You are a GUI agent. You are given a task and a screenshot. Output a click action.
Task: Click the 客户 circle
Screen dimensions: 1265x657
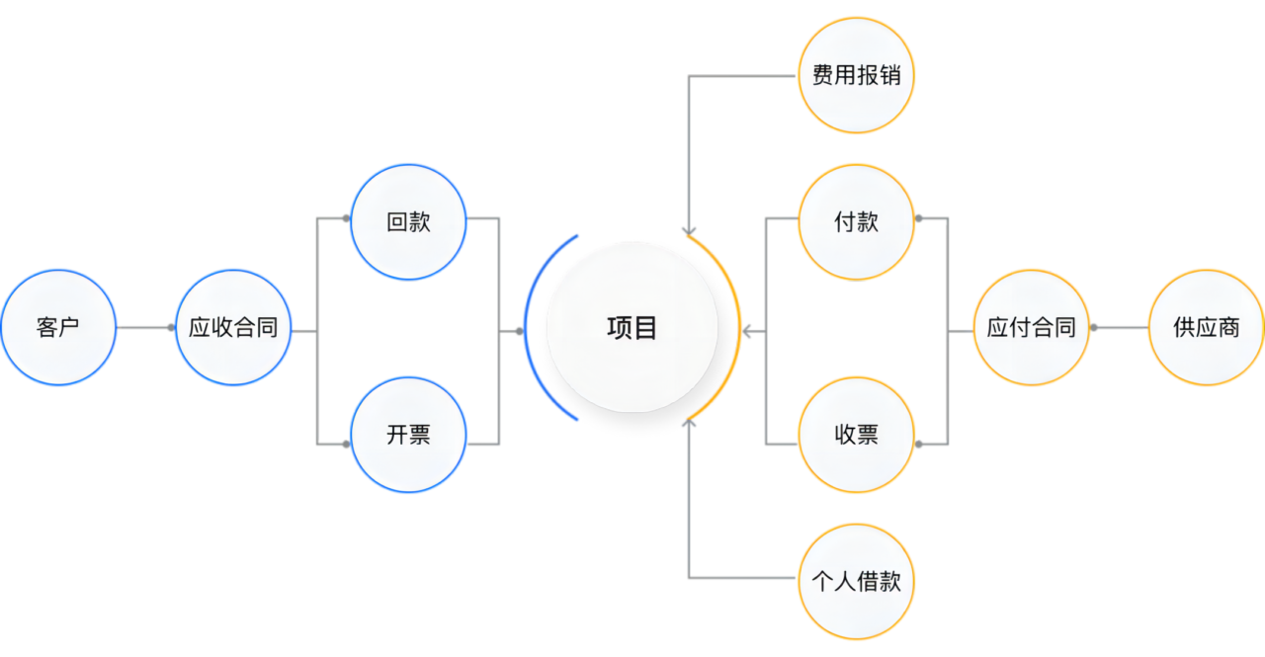point(58,327)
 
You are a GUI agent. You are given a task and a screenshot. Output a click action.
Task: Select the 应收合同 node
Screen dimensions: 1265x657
point(233,327)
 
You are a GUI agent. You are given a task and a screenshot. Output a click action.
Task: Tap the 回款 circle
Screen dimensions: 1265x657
point(408,222)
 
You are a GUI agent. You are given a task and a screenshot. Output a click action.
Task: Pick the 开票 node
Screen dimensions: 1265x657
point(408,435)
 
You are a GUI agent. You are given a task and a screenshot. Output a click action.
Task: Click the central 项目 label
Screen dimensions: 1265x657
point(632,327)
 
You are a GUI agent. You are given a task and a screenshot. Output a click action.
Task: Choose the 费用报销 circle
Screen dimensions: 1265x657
point(856,75)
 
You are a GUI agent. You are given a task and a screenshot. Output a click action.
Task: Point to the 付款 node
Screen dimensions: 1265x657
point(856,222)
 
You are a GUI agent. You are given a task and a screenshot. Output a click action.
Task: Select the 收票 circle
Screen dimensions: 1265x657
point(856,435)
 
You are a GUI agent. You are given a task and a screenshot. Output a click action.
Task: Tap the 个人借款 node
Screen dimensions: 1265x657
point(856,581)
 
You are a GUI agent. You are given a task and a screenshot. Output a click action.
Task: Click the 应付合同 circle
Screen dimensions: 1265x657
point(1031,327)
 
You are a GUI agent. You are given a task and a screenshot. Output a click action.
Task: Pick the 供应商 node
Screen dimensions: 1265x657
point(1207,327)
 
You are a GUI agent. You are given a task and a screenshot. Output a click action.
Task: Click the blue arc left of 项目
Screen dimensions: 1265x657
point(526,327)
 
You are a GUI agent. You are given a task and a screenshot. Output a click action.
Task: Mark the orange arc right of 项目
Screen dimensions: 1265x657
point(738,327)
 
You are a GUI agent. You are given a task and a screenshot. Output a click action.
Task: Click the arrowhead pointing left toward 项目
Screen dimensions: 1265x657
point(746,331)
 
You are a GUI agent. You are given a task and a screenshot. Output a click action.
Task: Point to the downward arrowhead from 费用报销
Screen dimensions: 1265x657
point(689,231)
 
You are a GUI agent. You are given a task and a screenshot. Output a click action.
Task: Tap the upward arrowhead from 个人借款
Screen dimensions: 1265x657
point(689,423)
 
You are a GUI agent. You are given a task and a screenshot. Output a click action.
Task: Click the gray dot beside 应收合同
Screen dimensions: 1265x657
point(171,327)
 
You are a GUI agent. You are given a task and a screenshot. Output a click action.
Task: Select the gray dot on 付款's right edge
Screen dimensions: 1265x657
point(919,218)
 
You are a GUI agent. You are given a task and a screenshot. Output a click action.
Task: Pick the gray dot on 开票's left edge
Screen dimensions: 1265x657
point(346,445)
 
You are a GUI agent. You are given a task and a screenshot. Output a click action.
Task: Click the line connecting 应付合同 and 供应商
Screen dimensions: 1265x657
point(1121,327)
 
